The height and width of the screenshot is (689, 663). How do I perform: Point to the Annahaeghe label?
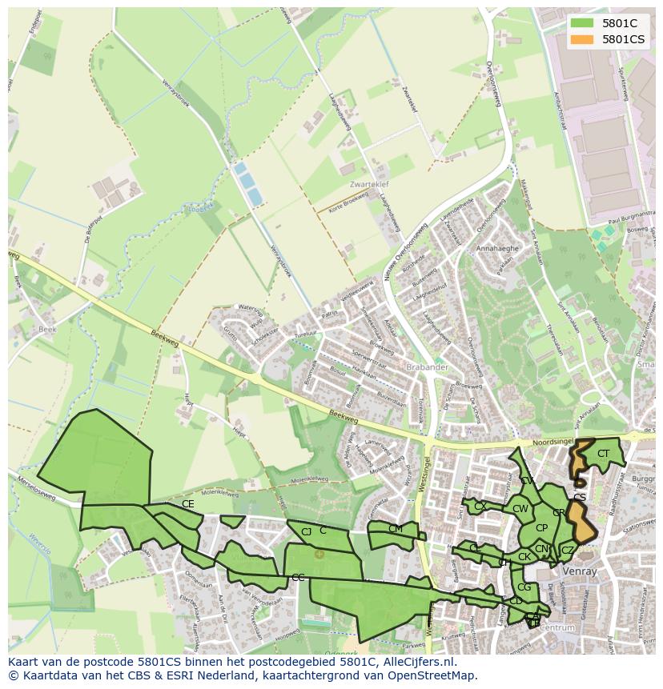pos(498,249)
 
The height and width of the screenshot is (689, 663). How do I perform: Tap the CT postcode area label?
pos(603,454)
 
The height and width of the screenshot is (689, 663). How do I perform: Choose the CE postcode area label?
pos(188,504)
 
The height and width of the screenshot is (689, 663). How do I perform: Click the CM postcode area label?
pos(396,528)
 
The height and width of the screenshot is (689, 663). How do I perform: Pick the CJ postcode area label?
pos(306,531)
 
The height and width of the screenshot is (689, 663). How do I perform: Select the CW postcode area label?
pos(520,509)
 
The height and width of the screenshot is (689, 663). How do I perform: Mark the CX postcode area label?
pos(480,506)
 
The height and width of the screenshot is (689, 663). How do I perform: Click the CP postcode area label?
pos(541,528)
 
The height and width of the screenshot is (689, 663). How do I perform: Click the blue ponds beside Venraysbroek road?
pos(247,183)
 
